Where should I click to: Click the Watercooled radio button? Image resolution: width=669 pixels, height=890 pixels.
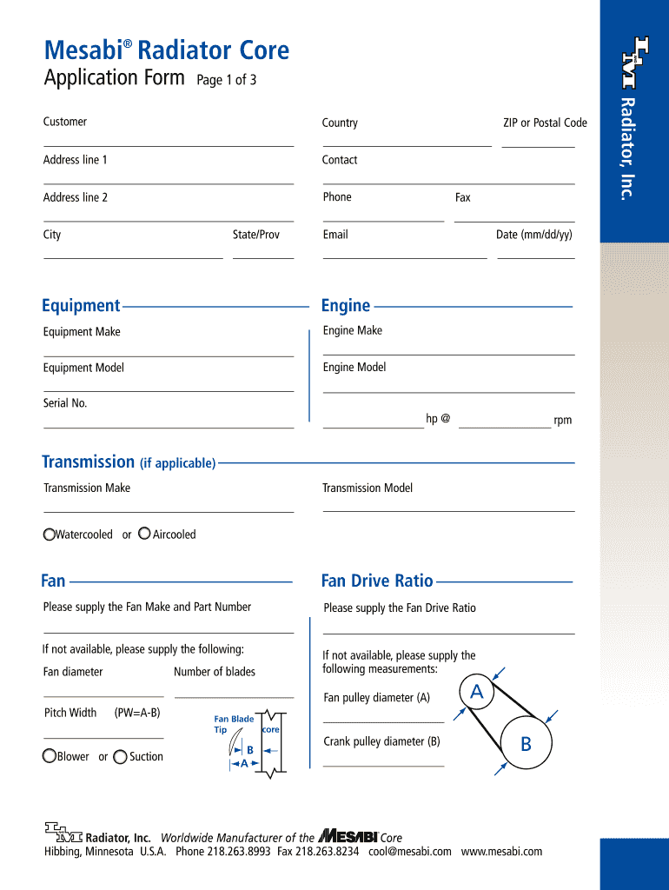point(50,535)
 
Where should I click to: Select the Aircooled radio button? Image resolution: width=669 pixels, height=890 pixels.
point(144,534)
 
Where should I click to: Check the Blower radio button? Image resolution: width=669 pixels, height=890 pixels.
point(50,757)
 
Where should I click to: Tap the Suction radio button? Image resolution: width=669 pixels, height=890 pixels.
point(120,757)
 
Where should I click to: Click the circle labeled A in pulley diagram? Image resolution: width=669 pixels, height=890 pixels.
point(476,692)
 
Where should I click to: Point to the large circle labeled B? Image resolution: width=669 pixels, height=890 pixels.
point(525,744)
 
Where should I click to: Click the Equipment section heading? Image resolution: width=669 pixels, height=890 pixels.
point(81,305)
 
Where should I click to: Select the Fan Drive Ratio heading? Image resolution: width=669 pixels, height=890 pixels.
point(377,581)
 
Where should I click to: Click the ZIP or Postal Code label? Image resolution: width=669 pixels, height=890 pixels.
point(545,123)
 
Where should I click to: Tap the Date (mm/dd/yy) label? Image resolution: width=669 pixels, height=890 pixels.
point(533,235)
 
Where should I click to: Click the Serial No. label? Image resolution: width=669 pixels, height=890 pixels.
point(65,403)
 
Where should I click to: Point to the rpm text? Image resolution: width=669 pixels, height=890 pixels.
point(563,421)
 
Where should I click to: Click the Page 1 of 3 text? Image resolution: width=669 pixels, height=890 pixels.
point(226,81)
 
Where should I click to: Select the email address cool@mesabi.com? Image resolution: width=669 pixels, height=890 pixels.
point(409,852)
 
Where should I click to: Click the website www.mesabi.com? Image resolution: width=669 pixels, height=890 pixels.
point(501,852)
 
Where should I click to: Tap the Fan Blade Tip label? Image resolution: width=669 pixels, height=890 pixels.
point(233,724)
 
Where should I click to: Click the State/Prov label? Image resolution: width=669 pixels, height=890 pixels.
point(256,235)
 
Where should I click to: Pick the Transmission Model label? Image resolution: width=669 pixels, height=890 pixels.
point(368,488)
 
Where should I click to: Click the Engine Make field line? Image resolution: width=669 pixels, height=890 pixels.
point(448,354)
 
